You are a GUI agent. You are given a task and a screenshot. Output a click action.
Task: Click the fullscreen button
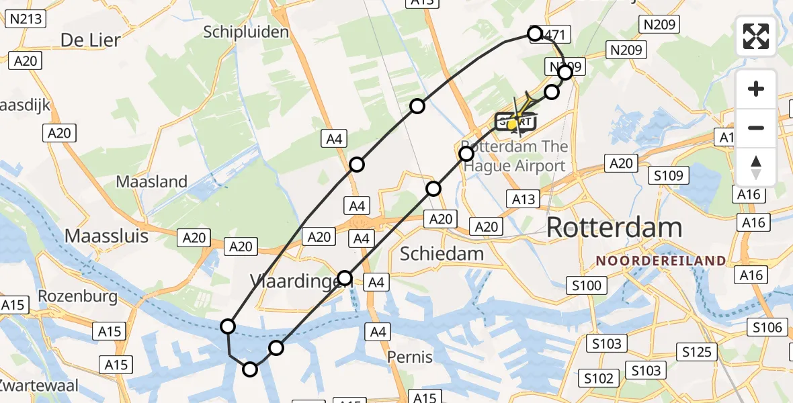click(x=756, y=36)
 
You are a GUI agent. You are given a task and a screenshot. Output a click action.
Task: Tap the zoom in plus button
click(x=756, y=89)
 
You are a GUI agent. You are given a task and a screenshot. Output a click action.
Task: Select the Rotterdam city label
click(x=614, y=228)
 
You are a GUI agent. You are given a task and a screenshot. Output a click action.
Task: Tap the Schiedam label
click(x=442, y=253)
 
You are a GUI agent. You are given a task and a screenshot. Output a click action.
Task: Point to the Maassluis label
click(x=108, y=236)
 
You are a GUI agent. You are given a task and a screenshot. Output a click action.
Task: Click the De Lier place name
click(x=90, y=40)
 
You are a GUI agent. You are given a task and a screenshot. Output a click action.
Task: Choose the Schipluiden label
click(x=246, y=32)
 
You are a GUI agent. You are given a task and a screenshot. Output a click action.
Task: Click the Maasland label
click(x=152, y=181)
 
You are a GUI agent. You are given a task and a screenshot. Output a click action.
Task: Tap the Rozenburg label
click(x=78, y=296)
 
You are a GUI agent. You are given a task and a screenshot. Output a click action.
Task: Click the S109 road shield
click(x=670, y=176)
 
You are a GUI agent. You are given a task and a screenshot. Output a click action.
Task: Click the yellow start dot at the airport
click(x=512, y=124)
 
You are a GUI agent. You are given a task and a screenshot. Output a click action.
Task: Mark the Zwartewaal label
click(x=38, y=386)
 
